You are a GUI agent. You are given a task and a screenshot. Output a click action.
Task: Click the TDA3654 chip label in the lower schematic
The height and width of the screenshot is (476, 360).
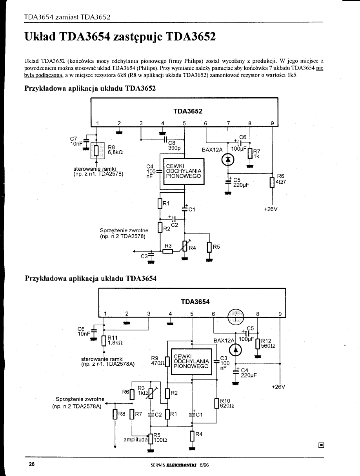pos(195,302)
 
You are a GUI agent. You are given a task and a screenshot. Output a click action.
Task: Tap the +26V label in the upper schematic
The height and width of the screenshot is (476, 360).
pos(271,209)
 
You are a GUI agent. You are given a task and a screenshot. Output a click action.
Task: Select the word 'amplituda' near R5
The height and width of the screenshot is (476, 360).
pos(135,440)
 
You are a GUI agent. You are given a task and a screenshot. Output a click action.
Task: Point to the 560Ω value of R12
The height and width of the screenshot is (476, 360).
pos(268,346)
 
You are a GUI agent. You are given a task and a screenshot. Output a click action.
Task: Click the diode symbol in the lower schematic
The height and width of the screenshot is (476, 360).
pos(235,350)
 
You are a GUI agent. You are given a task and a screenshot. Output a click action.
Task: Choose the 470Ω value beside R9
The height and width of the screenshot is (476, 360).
pos(157,363)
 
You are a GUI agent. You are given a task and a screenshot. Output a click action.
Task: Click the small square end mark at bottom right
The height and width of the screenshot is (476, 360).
pos(321,445)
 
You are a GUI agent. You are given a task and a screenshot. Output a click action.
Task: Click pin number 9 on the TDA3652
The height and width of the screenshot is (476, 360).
pos(272,123)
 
